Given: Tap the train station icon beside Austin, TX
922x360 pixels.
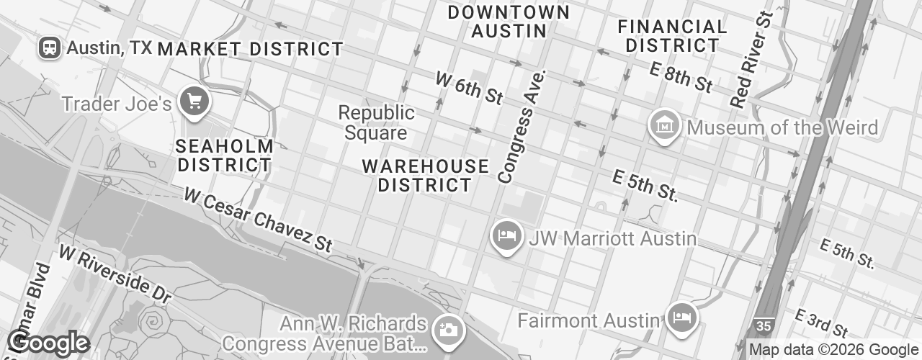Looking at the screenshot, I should pyautogui.click(x=50, y=48).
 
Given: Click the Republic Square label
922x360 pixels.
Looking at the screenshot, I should pyautogui.click(x=376, y=122).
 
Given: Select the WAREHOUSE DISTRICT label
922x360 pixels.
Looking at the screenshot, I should pyautogui.click(x=425, y=175).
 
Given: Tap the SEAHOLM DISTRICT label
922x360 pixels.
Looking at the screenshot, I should pyautogui.click(x=224, y=155).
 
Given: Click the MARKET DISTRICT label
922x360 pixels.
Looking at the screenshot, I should pyautogui.click(x=250, y=49).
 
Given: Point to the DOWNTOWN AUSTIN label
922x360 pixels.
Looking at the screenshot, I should pyautogui.click(x=509, y=22).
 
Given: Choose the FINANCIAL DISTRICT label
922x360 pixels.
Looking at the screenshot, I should pyautogui.click(x=673, y=36).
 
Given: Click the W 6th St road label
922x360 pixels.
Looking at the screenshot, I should pyautogui.click(x=469, y=88).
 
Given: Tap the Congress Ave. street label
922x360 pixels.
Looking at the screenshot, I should pyautogui.click(x=523, y=126).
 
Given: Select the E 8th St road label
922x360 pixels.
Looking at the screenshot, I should pyautogui.click(x=681, y=76).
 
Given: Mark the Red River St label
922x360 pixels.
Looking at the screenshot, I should pyautogui.click(x=751, y=60).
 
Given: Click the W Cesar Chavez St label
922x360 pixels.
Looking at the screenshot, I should pyautogui.click(x=258, y=220).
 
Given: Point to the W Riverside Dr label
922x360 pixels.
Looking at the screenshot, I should pyautogui.click(x=116, y=274).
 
